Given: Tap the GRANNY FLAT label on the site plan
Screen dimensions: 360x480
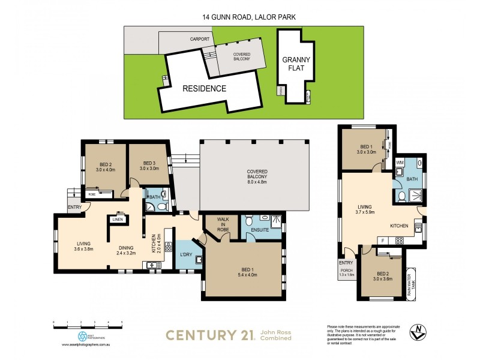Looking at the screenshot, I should click(297, 64).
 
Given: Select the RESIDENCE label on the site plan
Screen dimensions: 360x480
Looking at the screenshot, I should click(205, 89).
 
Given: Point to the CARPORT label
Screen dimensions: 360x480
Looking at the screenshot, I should click(199, 39).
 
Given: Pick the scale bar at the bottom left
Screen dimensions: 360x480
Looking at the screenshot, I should click(88, 325).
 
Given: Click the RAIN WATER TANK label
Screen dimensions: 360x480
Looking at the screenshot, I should click(411, 281).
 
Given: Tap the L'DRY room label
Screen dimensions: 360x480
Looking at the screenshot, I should click(185, 257).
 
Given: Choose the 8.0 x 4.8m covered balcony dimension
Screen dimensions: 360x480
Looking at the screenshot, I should click(257, 178).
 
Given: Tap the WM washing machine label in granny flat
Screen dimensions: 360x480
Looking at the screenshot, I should click(400, 163).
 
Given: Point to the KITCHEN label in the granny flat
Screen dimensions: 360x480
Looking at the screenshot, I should click(399, 226).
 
